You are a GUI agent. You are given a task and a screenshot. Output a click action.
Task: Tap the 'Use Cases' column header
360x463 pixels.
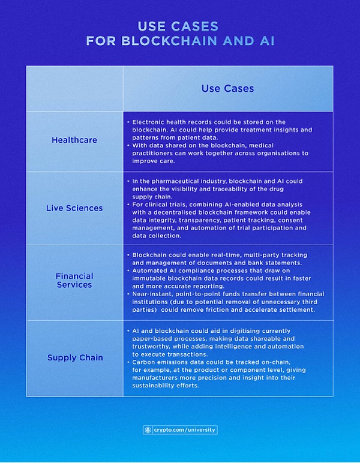[x=227, y=88]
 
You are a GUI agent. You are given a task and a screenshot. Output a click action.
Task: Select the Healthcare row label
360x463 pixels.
[x=74, y=140]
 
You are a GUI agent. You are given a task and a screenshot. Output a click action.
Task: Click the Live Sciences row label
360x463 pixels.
[x=74, y=208]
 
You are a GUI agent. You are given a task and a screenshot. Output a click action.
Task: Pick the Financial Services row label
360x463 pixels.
[x=74, y=280]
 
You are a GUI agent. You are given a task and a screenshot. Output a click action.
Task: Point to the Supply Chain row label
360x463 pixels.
[x=76, y=357]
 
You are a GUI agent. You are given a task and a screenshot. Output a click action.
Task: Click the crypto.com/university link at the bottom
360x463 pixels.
[x=185, y=429]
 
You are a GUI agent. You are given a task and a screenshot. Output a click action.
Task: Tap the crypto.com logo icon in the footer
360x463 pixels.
[x=148, y=429]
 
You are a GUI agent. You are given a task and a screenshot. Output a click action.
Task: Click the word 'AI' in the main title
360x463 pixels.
[x=267, y=41]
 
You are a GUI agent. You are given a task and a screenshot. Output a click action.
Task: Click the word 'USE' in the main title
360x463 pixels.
[x=152, y=26]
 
